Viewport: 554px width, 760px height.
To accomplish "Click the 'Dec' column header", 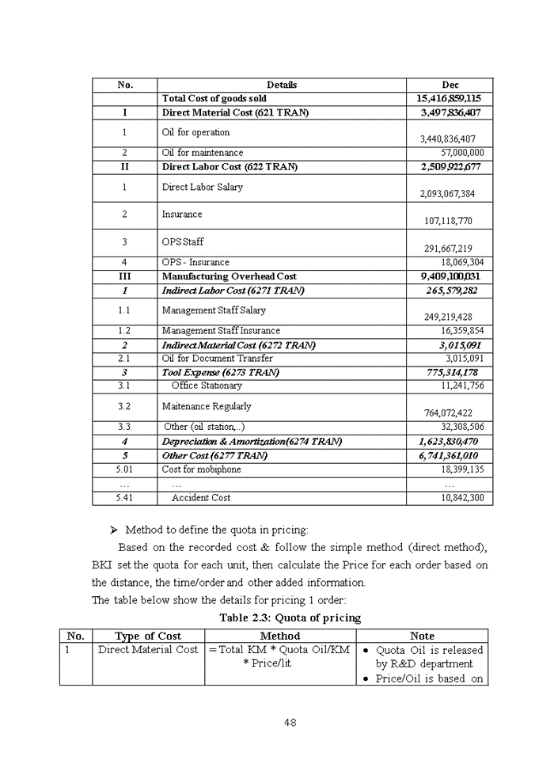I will [x=450, y=85].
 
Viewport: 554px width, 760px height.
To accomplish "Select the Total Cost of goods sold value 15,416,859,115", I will [x=449, y=99].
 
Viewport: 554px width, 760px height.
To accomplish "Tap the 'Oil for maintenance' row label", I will [x=203, y=153].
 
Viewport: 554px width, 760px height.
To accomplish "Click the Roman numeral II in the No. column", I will [x=124, y=167].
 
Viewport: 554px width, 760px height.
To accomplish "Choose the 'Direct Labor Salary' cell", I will [x=203, y=188].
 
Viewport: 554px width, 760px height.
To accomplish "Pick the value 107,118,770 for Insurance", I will [x=459, y=221].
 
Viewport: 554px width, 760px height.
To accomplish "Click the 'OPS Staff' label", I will [x=183, y=242].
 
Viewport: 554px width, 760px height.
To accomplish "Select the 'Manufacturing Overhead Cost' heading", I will [x=230, y=276].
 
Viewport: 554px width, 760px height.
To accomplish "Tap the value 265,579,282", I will [x=449, y=291].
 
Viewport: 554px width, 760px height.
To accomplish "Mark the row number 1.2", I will [x=124, y=331].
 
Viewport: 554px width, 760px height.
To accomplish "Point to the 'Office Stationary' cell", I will [x=207, y=386].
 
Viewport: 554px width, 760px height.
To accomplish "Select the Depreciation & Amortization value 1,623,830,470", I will [x=448, y=442].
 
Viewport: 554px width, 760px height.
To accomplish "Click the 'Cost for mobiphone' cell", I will [x=202, y=469].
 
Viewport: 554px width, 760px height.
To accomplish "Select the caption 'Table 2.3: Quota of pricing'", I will [x=290, y=617].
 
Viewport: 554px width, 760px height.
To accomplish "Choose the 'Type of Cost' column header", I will [x=148, y=636].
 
